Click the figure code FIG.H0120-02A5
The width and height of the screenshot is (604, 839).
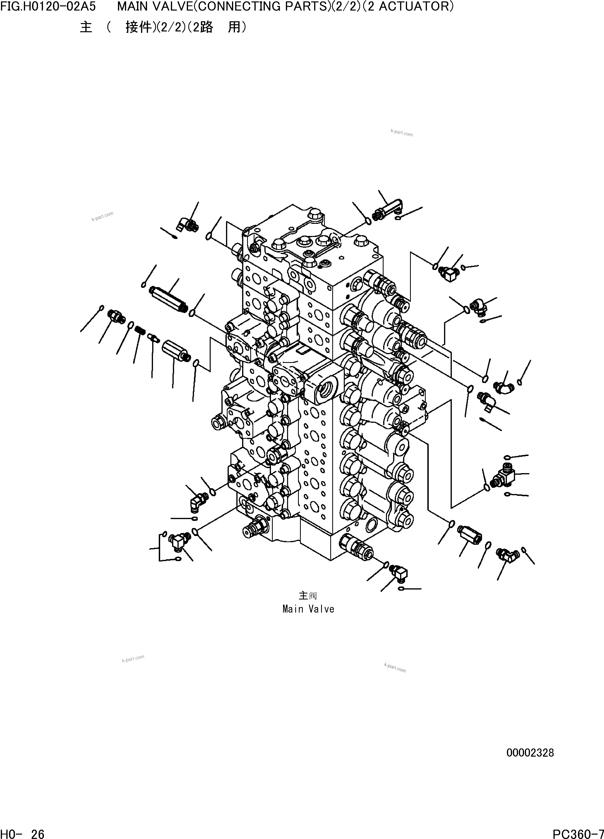click(48, 6)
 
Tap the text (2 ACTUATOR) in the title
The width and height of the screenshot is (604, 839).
click(408, 6)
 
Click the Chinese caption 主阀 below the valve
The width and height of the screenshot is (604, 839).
click(308, 596)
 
